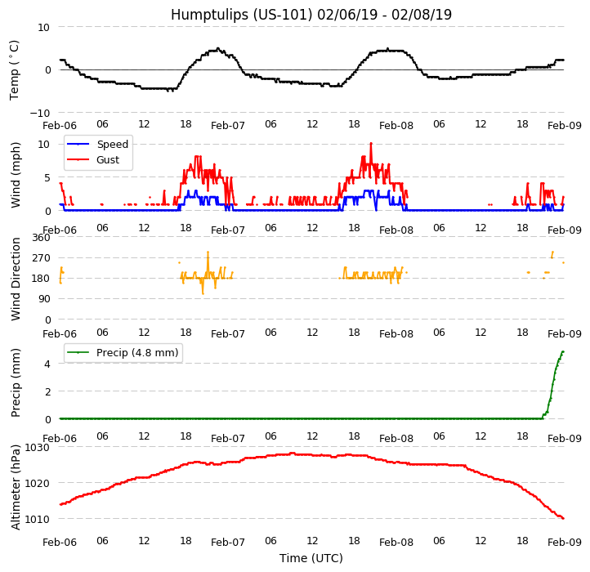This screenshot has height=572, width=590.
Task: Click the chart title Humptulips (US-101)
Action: [x=311, y=15]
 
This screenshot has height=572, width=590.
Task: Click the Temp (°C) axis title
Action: [x=15, y=69]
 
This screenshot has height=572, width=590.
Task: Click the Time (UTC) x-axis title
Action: [x=311, y=558]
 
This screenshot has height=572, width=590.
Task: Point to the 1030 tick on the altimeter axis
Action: [x=37, y=447]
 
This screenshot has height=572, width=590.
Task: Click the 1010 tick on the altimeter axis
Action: [x=37, y=519]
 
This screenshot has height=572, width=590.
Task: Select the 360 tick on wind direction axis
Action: [x=41, y=238]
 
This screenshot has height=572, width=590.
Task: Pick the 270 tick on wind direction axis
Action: [x=41, y=258]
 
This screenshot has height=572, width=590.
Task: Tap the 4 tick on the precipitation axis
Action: [x=47, y=364]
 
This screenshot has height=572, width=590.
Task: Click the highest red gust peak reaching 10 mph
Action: [x=370, y=144]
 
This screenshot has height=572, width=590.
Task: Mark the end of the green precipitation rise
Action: [x=562, y=352]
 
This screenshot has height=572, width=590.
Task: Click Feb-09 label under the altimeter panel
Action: [x=564, y=543]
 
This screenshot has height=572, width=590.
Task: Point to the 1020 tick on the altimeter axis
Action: [x=37, y=483]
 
